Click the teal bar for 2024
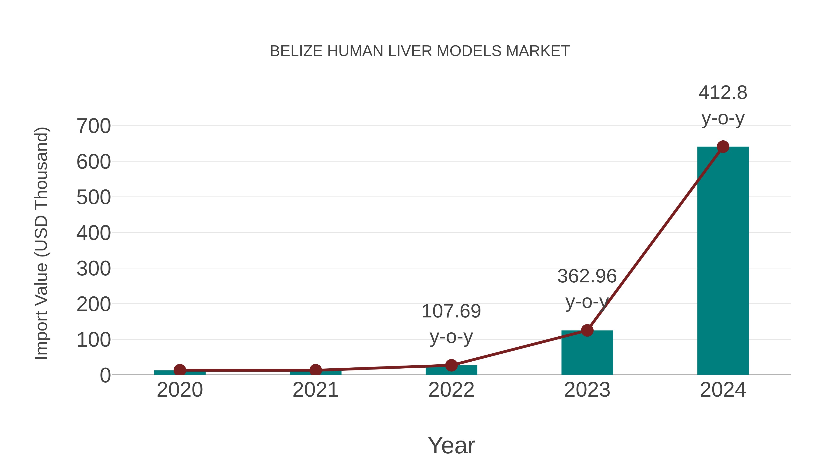(723, 261)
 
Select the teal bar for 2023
(587, 354)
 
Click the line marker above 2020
(180, 370)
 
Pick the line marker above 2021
(315, 370)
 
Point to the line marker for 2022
(451, 365)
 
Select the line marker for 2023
(587, 330)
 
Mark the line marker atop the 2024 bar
(723, 147)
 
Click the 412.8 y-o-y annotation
(723, 105)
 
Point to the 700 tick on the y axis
(94, 126)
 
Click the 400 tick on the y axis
(94, 233)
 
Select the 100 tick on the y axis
(94, 340)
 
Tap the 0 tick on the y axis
(105, 375)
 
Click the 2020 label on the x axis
(180, 390)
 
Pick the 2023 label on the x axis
(587, 390)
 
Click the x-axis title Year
(451, 445)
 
